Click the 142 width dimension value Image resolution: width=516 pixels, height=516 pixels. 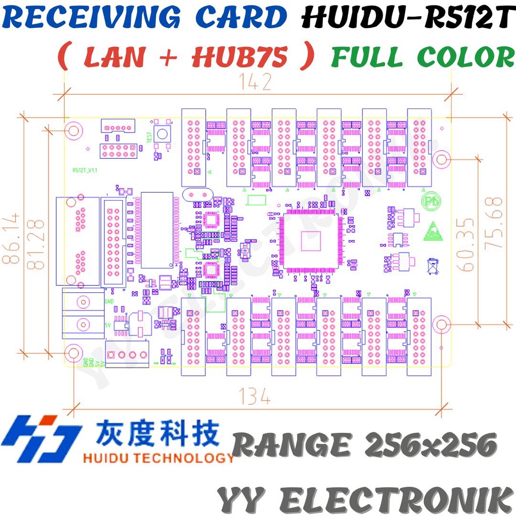(x=256, y=81)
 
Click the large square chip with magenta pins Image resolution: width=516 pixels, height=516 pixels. (x=309, y=240)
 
